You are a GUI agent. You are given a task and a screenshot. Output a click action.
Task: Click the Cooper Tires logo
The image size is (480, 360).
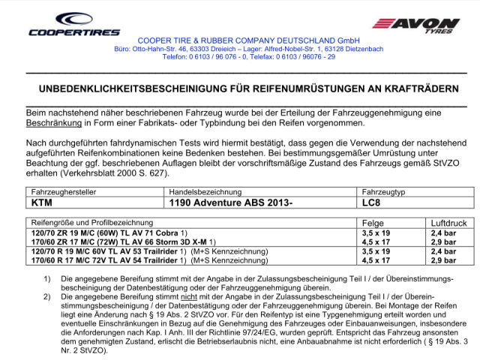[74, 24]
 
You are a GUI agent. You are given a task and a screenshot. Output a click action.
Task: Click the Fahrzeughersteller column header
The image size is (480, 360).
[64, 192]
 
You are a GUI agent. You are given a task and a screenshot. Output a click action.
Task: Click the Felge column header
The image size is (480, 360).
[373, 223]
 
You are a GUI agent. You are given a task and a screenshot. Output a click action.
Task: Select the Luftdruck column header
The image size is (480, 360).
[448, 223]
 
